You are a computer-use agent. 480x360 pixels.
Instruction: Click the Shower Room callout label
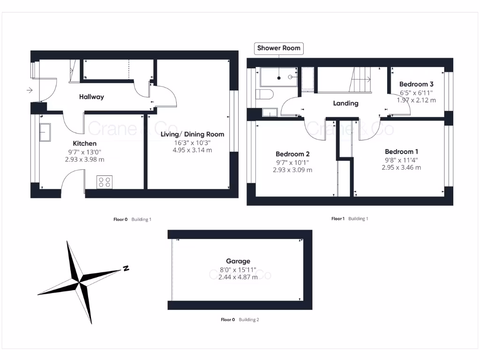[279, 48]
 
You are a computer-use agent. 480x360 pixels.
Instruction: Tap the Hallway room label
[91, 97]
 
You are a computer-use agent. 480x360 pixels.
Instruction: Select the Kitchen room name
[85, 143]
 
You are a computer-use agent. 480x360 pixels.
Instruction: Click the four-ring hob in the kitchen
[104, 182]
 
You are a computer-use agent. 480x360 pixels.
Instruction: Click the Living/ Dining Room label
[192, 135]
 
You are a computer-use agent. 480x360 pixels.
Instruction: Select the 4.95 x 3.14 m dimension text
[192, 150]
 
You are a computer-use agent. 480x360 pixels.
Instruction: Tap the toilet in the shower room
[265, 95]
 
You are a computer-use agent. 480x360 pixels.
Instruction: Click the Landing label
[345, 103]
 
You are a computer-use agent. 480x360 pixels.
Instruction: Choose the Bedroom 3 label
[416, 84]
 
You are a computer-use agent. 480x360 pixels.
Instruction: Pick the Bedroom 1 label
[402, 152]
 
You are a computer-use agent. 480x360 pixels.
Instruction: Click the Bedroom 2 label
[292, 154]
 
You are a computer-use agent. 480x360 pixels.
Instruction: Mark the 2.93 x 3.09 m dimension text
[292, 170]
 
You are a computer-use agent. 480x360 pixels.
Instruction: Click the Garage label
[238, 261]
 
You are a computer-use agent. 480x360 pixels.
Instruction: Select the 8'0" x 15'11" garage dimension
[238, 270]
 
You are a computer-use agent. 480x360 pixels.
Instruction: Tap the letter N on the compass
[126, 269]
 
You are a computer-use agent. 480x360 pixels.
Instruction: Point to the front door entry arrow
[30, 90]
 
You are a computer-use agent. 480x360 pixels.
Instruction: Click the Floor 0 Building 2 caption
[240, 320]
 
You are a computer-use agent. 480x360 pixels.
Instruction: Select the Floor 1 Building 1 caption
[350, 218]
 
